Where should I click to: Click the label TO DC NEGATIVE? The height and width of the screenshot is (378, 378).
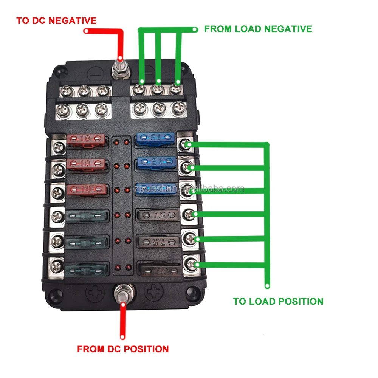pos(56,20)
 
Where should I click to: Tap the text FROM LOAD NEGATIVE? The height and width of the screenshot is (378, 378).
pos(258,29)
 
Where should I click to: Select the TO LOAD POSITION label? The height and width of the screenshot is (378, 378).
pos(278,301)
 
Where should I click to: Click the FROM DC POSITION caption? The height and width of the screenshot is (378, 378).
pos(123,349)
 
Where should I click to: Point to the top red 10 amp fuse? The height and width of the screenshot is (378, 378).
pos(85,139)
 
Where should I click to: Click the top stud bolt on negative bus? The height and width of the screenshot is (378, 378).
pos(120,70)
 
